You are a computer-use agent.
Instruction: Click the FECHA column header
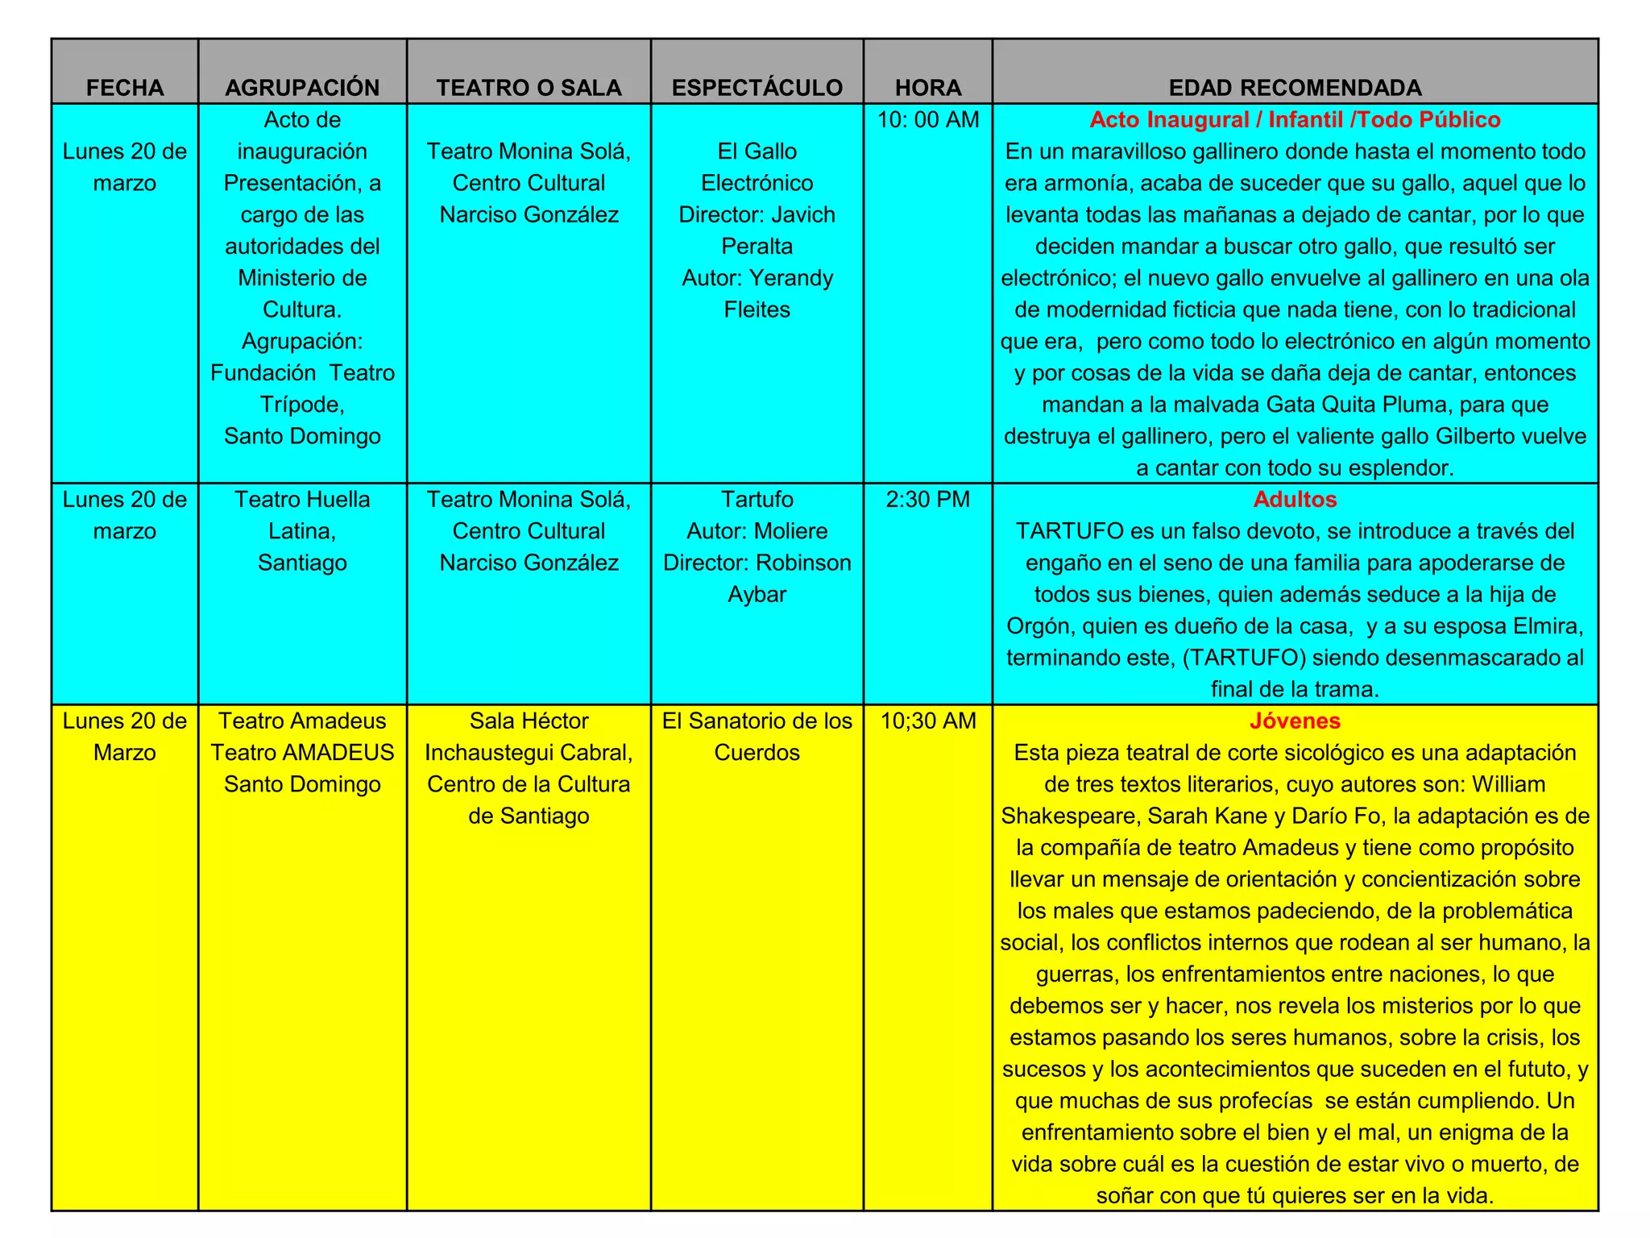click(x=125, y=88)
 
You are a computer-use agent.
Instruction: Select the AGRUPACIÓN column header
click(x=302, y=88)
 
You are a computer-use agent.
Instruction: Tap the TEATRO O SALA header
click(x=529, y=88)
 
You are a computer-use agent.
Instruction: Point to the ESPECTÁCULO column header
click(x=757, y=88)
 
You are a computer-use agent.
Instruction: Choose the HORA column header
click(x=928, y=88)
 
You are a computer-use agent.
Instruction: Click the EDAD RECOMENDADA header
click(x=1295, y=88)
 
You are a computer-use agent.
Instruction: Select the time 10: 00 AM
click(x=928, y=120)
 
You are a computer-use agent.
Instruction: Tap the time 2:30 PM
click(x=928, y=500)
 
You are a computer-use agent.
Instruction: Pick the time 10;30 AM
click(x=928, y=721)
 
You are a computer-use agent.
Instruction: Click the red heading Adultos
click(x=1295, y=500)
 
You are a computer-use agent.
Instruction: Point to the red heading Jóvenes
click(x=1295, y=721)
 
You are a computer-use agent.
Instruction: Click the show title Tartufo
click(x=757, y=500)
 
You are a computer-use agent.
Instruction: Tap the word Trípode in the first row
click(x=302, y=405)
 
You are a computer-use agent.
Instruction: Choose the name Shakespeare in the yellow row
click(x=1069, y=816)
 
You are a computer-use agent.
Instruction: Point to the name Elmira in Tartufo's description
click(x=1548, y=626)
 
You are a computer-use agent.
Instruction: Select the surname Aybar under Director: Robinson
click(x=757, y=595)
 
